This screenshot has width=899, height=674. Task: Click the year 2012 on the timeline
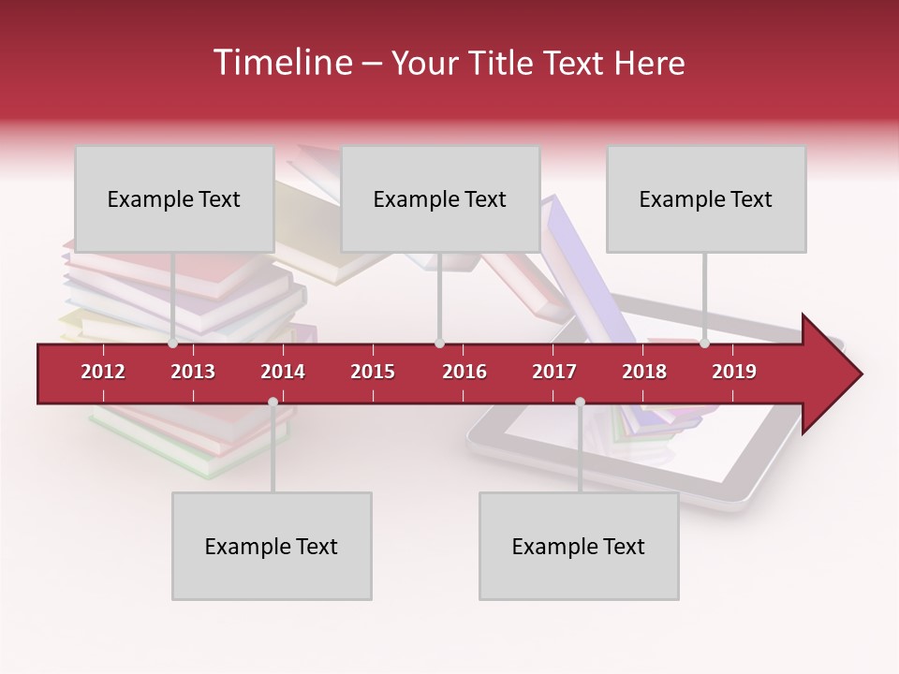tap(103, 372)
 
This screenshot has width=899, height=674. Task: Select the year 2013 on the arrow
tap(193, 372)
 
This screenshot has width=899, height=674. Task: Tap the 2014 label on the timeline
tap(283, 372)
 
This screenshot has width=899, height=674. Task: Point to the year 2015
tap(373, 372)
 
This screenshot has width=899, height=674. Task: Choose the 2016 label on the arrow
tap(464, 372)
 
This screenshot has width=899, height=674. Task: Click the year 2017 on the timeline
tap(554, 372)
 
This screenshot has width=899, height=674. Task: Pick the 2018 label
tap(644, 372)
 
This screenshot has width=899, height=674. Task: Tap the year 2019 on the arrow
tap(734, 372)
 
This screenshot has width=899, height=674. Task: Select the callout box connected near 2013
tap(174, 198)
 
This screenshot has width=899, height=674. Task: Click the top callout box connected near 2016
tap(440, 198)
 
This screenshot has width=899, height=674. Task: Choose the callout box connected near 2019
tap(706, 198)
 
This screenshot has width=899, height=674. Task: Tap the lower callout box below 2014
tap(272, 546)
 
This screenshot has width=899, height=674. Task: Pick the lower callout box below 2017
tap(579, 546)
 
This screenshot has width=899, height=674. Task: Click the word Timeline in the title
tap(281, 63)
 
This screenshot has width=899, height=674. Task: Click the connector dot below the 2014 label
tap(273, 402)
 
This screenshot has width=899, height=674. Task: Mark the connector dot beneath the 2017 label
tap(580, 402)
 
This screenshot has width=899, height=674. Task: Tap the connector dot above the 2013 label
tap(173, 344)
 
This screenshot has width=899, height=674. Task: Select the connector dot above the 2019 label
tap(705, 344)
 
